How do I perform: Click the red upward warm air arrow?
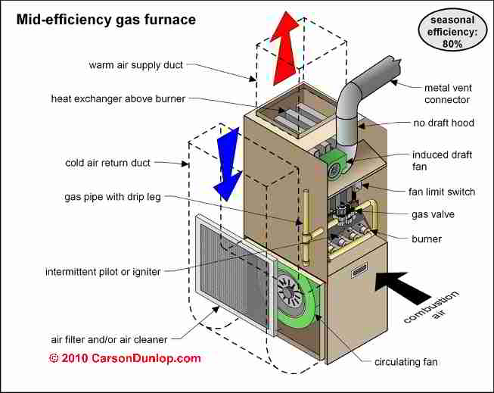[x=284, y=47]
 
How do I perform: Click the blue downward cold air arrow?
[x=228, y=164]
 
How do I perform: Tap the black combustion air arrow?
[x=401, y=286]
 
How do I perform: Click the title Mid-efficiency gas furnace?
[x=106, y=20]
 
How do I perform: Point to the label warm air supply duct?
[x=135, y=65]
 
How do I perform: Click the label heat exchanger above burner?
[x=118, y=98]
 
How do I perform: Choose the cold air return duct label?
[x=107, y=163]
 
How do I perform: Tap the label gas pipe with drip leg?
[x=113, y=197]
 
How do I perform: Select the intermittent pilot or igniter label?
[x=103, y=272]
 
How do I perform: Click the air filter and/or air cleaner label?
[x=109, y=340]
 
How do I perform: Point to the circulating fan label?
[x=405, y=362]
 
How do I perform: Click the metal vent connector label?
[x=448, y=94]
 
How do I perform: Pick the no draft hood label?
[x=443, y=123]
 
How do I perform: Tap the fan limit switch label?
[x=442, y=192]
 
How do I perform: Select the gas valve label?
[x=433, y=214]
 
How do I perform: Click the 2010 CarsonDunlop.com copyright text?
[x=125, y=358]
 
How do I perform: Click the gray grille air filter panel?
[x=234, y=273]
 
